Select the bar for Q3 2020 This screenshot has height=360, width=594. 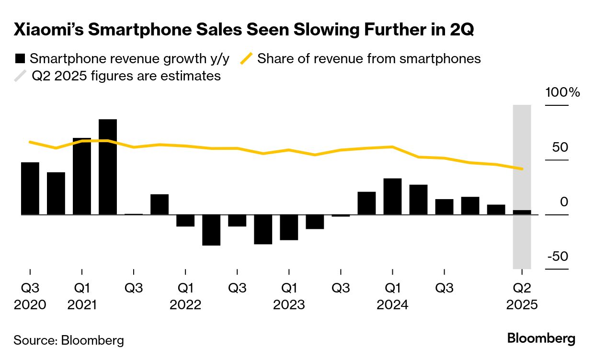[30, 189]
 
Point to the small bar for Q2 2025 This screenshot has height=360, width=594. [522, 212]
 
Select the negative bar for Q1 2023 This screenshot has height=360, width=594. [289, 227]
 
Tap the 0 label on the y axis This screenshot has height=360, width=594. [564, 202]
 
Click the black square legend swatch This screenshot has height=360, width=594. [20, 59]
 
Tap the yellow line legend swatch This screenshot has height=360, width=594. [246, 59]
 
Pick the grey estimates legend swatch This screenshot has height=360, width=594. [20, 76]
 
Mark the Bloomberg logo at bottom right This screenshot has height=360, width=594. [541, 338]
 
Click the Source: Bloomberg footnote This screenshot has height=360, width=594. [69, 340]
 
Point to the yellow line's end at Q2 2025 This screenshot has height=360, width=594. [522, 169]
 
